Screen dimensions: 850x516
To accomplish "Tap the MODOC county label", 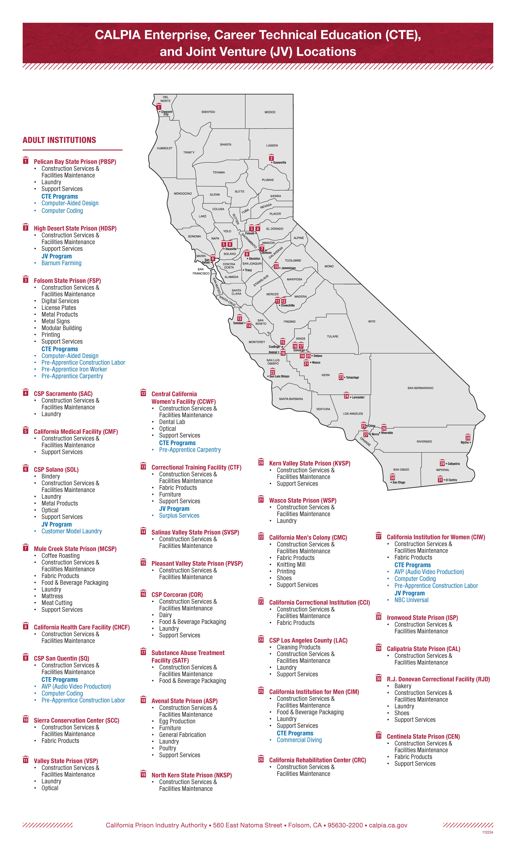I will click(270, 112).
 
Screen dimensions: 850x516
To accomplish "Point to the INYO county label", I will click(372, 321).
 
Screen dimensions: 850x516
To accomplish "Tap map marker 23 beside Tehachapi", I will click(341, 377).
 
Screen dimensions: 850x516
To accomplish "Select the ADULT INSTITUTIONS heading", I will click(59, 140).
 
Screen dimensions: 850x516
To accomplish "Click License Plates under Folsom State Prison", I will click(59, 308).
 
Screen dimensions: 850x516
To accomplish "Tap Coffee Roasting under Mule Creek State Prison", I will click(60, 556).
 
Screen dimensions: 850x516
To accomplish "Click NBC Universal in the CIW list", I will click(411, 600).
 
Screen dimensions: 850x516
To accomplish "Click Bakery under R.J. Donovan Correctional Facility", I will click(402, 686).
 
